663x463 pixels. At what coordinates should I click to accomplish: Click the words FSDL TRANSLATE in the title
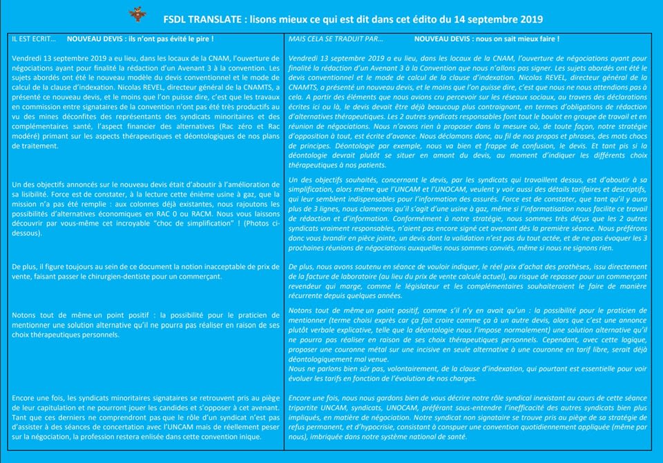coord(201,19)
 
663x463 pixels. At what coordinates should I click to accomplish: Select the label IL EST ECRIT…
coord(35,40)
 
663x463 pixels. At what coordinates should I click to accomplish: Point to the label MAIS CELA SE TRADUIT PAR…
coord(336,40)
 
